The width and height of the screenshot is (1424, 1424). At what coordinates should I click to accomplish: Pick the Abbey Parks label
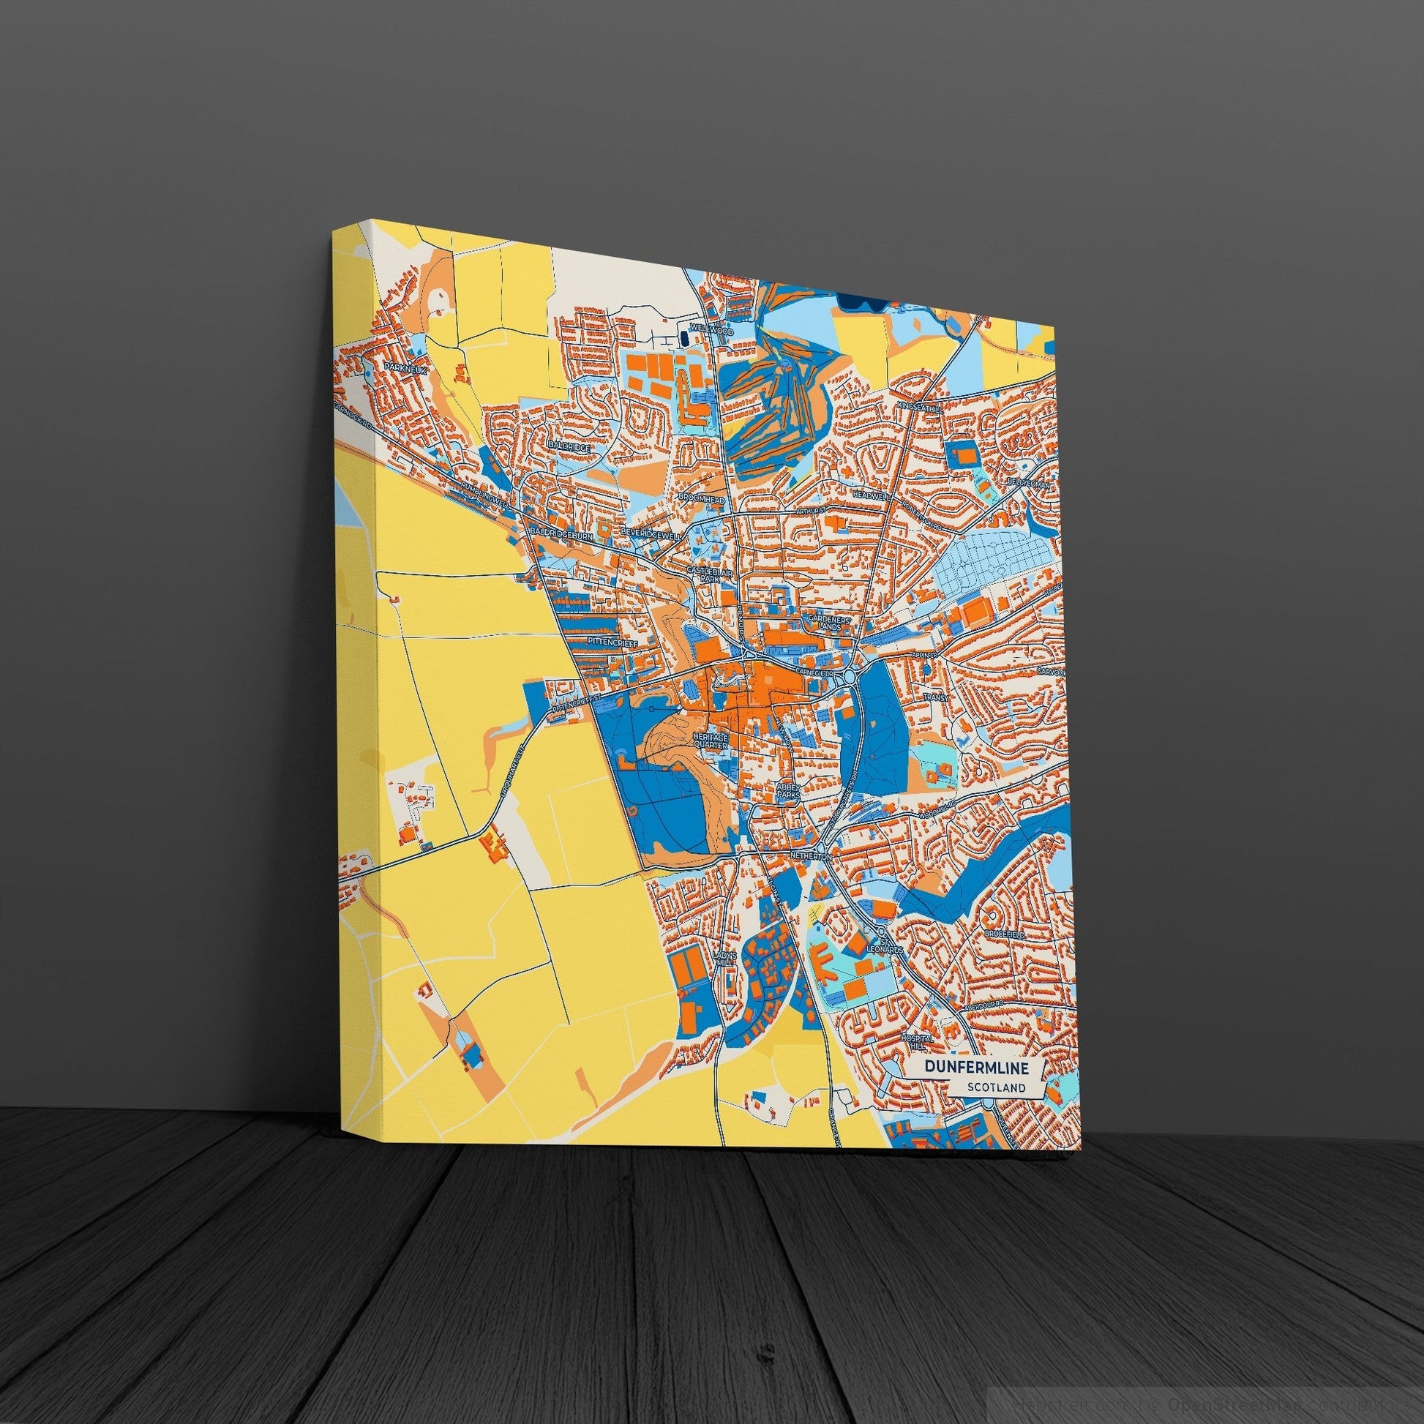(787, 792)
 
